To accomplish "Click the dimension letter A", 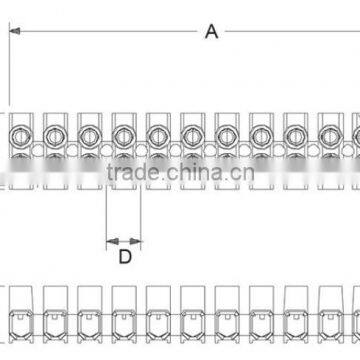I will point(211,31).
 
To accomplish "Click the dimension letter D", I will point(124,229).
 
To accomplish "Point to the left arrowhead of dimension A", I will point(14,31).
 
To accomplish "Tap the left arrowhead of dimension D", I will point(109,212).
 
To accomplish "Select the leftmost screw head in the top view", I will point(20,132).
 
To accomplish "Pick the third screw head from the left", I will point(89,132).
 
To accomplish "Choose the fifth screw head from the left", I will point(157,132).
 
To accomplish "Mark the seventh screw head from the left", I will point(225,132).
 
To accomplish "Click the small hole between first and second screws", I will point(37,149).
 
